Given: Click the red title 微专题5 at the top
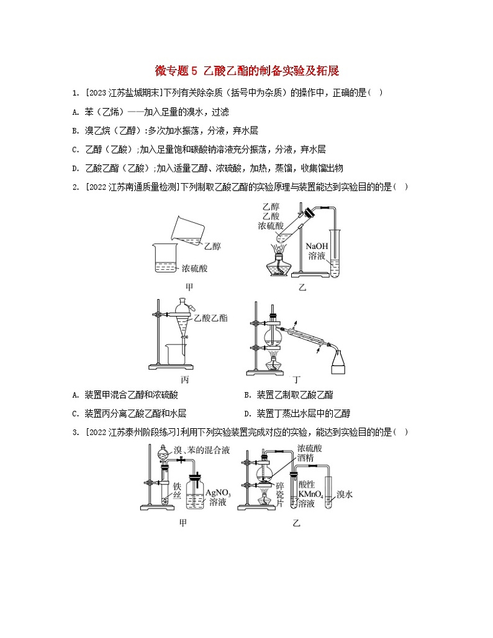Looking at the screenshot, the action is click(x=175, y=71).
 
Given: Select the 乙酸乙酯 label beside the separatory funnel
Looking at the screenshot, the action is click(x=210, y=317).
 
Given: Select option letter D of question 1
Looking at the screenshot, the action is click(x=75, y=167).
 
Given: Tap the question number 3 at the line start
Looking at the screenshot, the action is click(x=75, y=432).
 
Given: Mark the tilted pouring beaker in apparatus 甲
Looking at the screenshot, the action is click(x=186, y=230).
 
